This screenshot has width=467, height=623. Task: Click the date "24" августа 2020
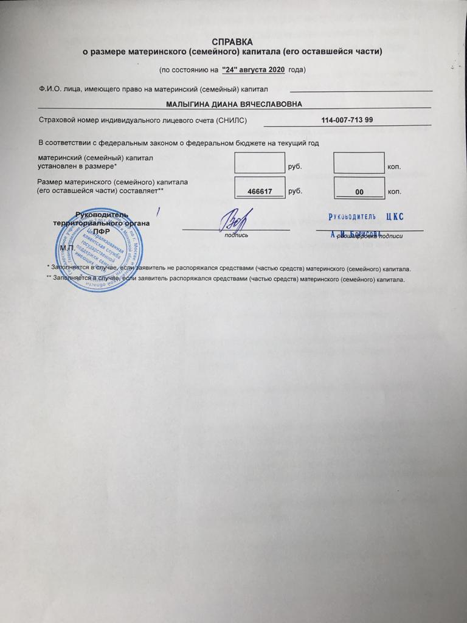point(254,69)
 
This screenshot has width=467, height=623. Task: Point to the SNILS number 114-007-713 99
point(347,119)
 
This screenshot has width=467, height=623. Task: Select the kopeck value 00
point(359,192)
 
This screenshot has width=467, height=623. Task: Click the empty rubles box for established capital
point(260,163)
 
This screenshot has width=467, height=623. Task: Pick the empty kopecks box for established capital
point(359,163)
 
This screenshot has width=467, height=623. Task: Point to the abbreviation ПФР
point(101,232)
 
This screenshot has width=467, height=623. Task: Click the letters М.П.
point(67,248)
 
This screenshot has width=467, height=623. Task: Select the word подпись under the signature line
point(236,235)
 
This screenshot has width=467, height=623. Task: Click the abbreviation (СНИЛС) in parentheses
point(232,120)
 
